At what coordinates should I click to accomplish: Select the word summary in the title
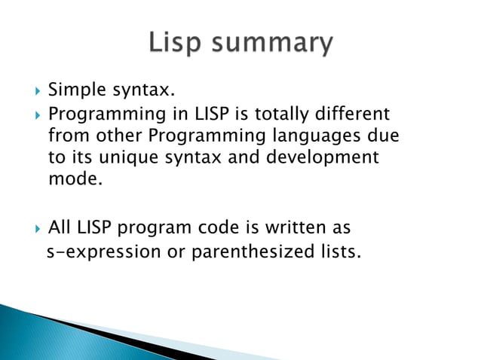coord(273,45)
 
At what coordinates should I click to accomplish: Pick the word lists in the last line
coord(335,251)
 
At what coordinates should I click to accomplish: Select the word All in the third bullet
coord(60,227)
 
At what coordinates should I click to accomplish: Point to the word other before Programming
coord(115,137)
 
